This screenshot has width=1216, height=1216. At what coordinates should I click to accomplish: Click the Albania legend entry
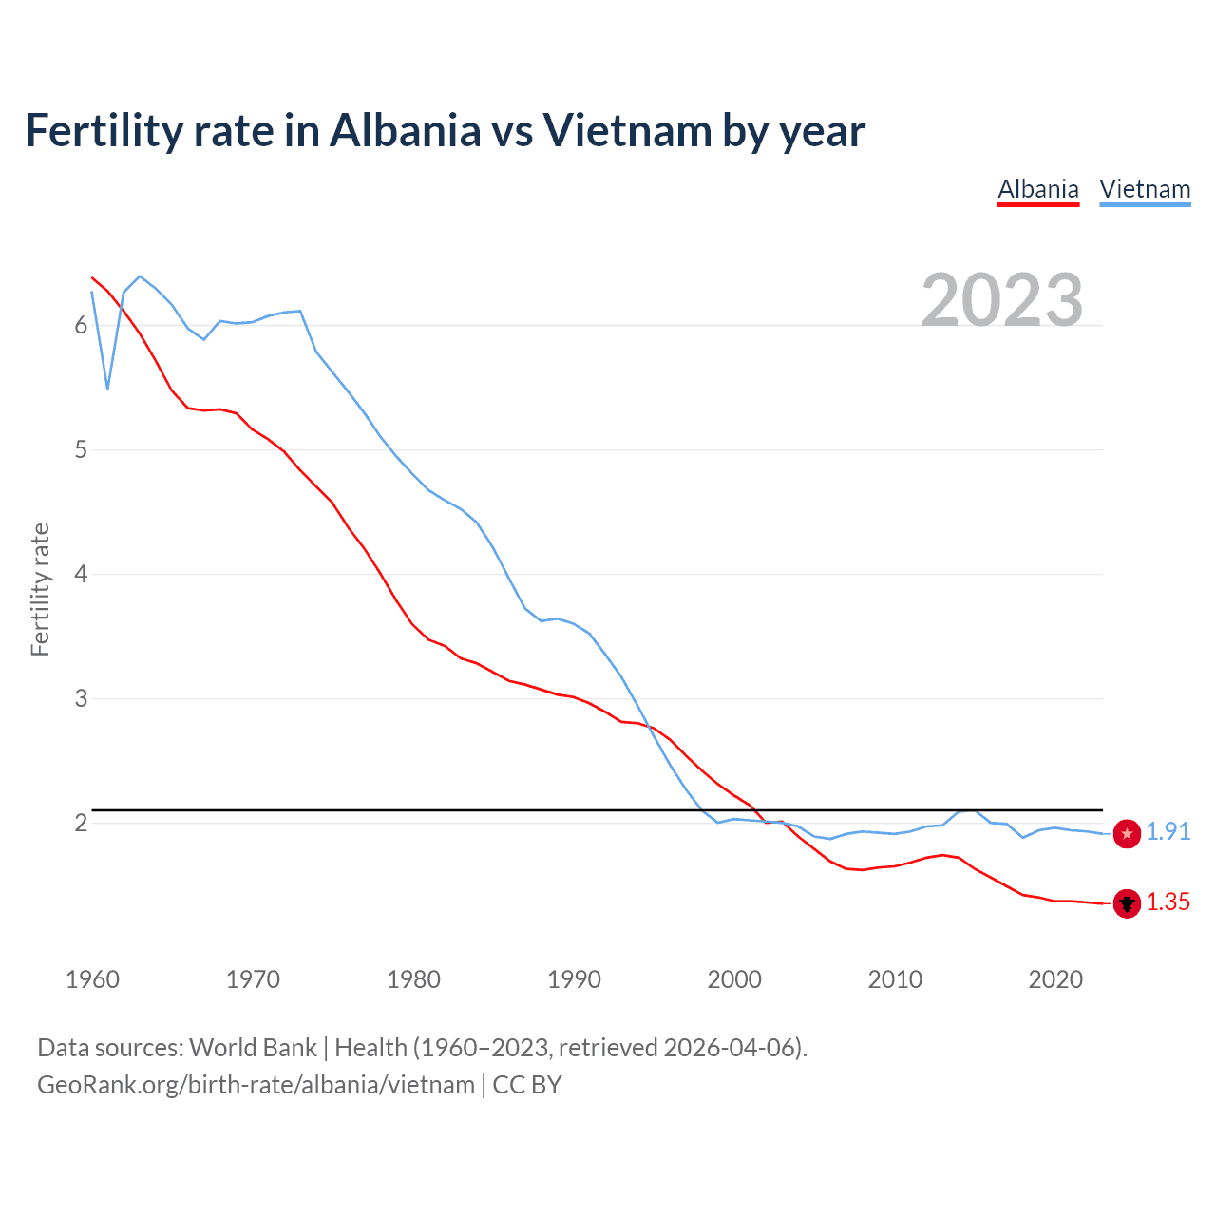(1037, 189)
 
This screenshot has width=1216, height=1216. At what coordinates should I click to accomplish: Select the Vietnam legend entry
(1145, 189)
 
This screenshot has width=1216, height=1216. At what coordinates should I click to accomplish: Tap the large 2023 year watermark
(1001, 300)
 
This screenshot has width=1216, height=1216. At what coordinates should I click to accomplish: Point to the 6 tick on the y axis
(81, 326)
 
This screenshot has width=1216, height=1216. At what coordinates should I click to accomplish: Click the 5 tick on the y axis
(81, 450)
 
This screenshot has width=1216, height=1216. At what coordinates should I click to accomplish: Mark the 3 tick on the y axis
(81, 699)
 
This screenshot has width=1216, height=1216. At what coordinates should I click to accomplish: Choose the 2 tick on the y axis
(81, 824)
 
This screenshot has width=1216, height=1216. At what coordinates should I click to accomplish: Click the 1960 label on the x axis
(92, 979)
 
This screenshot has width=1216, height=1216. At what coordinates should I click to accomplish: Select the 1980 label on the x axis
(413, 979)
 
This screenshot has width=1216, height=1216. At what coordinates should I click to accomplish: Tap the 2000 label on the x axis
(734, 979)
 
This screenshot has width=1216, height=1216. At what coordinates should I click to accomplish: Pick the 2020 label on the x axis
(1055, 979)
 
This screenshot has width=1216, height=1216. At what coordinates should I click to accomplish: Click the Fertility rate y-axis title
(40, 589)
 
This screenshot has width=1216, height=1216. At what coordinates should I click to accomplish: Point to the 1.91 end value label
(1168, 832)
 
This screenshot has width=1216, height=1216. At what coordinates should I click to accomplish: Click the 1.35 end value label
(1168, 902)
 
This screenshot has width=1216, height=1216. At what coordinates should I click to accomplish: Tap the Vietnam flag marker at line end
(1127, 834)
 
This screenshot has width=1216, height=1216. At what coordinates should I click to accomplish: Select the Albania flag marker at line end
(1127, 903)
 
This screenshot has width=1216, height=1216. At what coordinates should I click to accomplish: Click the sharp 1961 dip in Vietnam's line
(108, 388)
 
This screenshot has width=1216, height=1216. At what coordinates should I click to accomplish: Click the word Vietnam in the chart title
(626, 130)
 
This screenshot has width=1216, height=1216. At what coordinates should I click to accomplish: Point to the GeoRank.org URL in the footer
(256, 1085)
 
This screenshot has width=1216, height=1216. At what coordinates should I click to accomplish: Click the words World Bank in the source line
(253, 1048)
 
